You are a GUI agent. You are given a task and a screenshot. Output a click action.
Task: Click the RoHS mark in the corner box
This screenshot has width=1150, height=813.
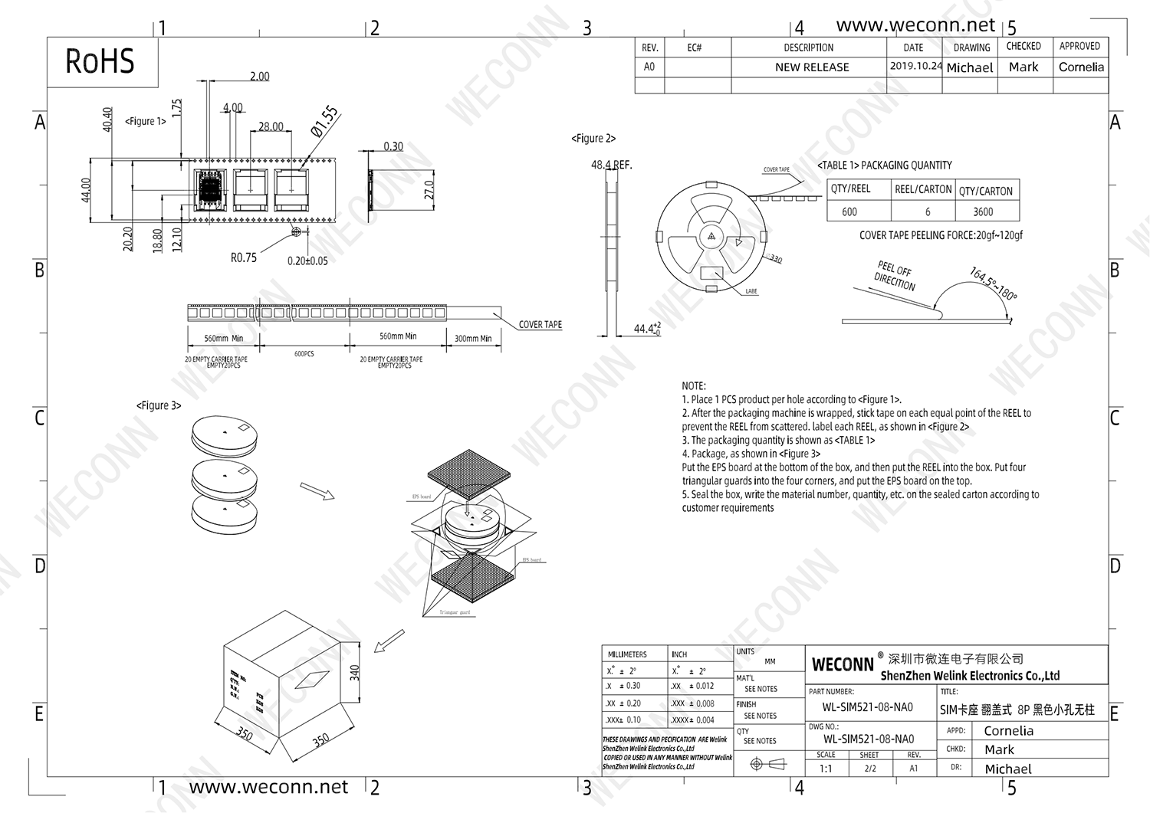[x=100, y=61]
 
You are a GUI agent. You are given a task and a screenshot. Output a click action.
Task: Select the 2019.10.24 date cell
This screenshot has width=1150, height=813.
[x=915, y=66]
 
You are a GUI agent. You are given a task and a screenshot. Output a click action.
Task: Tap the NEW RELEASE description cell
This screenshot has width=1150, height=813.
[x=812, y=67]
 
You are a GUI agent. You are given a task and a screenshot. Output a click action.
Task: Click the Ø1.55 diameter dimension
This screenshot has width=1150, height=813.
[x=324, y=121]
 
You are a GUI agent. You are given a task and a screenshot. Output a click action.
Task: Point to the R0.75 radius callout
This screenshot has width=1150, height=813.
[x=244, y=258]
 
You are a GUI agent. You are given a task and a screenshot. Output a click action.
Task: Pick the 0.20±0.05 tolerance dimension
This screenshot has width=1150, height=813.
[x=307, y=261]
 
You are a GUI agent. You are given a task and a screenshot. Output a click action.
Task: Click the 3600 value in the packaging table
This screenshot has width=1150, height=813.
[x=983, y=212]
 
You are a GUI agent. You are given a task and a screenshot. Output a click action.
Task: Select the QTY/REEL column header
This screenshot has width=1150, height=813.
[x=850, y=189]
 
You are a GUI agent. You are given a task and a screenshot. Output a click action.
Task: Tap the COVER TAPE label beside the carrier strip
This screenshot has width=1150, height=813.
[x=540, y=325]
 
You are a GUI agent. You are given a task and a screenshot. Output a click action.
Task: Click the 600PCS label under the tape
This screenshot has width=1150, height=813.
[x=304, y=354]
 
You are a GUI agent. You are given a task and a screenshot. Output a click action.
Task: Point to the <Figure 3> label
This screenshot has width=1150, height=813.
[x=159, y=405]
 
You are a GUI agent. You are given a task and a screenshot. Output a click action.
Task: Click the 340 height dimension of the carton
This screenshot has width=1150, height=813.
[x=354, y=673]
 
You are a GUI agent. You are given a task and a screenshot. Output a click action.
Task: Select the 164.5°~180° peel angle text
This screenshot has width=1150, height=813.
[x=993, y=284]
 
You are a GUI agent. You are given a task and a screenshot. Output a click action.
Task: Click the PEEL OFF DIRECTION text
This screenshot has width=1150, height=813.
[x=895, y=276]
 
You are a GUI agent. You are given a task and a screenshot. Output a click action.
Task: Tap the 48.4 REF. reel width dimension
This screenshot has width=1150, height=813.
[x=611, y=165]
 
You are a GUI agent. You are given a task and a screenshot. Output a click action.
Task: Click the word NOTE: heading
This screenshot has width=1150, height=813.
[x=694, y=386]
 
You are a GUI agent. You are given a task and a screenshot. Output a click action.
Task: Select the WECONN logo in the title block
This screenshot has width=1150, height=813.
[x=843, y=664]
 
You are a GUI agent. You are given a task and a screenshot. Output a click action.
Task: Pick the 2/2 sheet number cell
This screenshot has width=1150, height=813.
[x=870, y=769]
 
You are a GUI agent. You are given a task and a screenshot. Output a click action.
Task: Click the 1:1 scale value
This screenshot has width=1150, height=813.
[x=826, y=769]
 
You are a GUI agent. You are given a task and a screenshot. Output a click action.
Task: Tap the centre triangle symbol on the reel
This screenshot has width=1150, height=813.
[x=711, y=236]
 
